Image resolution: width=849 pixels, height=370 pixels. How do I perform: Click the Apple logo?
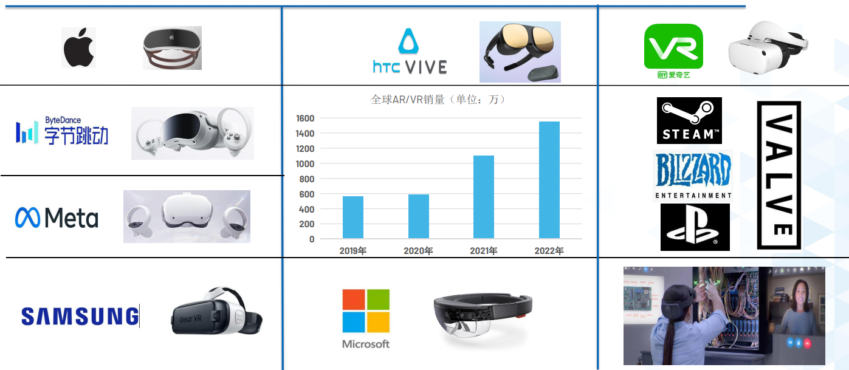tap(79, 47)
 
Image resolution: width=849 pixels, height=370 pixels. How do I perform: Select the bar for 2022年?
tap(549, 180)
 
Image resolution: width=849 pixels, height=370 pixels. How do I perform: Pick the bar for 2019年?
tap(353, 218)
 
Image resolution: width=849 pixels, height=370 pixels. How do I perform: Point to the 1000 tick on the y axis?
tap(304, 164)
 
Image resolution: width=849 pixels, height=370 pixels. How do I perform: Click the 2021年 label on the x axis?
tap(484, 250)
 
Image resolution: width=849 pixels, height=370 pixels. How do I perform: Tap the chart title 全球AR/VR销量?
tap(407, 100)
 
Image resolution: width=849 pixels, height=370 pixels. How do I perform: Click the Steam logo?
tap(689, 120)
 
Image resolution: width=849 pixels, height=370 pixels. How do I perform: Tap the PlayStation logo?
tap(695, 227)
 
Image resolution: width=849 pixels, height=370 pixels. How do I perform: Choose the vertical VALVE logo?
tap(779, 175)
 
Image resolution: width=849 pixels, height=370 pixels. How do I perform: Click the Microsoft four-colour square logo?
tap(366, 310)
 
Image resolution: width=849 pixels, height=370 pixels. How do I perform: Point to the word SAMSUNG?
tap(80, 317)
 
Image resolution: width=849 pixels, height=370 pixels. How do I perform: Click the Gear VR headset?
tap(216, 312)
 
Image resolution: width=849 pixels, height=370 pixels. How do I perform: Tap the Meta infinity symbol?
tap(27, 218)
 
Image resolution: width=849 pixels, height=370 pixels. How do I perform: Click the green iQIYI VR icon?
tap(673, 46)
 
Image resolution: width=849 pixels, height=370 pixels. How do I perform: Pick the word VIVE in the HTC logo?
tap(426, 67)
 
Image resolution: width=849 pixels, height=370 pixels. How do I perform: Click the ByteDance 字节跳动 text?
tap(76, 135)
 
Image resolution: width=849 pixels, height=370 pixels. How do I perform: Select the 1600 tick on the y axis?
tap(304, 118)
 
